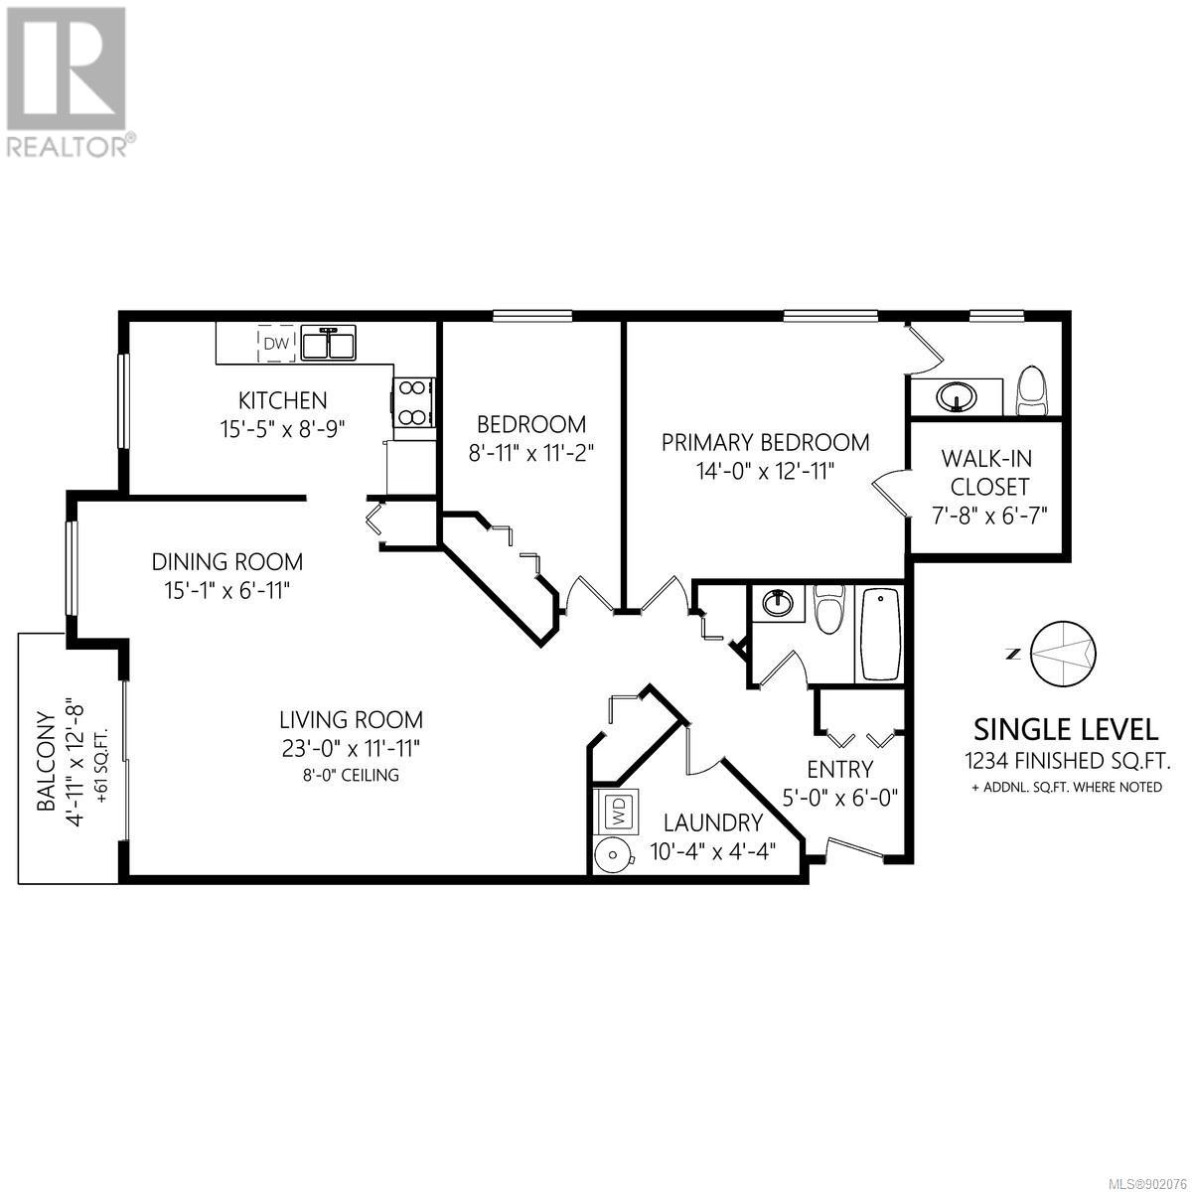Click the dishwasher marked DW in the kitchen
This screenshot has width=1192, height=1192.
[276, 343]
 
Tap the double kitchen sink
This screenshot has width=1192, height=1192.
[329, 343]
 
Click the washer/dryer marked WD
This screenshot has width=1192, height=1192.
[617, 811]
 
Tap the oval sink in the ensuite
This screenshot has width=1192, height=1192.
[957, 396]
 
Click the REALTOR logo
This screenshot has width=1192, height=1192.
[67, 81]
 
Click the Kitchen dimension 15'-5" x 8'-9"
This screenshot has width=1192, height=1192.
[283, 429]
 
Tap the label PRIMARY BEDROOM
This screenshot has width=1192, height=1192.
[765, 443]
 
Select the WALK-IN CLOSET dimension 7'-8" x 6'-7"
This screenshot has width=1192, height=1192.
[989, 515]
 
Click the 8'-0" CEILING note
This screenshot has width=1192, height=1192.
[351, 775]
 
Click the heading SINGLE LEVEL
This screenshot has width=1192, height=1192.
[1067, 730]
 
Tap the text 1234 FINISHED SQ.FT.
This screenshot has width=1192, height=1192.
[1067, 761]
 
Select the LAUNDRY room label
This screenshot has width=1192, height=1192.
[713, 822]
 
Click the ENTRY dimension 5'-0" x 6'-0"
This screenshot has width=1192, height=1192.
[840, 798]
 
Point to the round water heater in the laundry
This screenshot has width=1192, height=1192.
[614, 854]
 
